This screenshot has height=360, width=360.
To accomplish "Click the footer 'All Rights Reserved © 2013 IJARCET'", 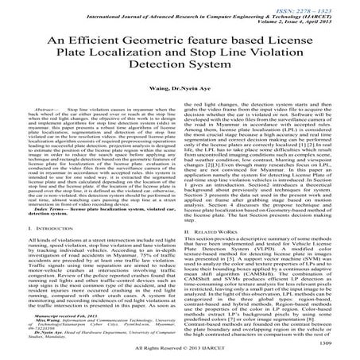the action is pos(180,350).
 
